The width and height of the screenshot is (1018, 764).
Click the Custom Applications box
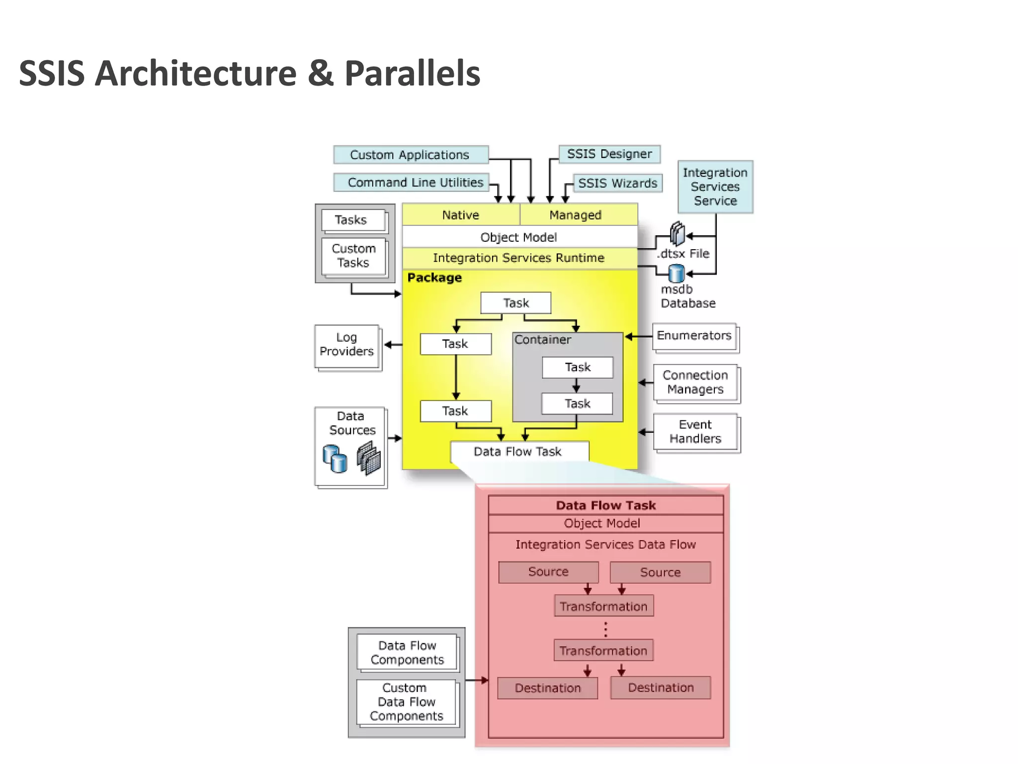tap(411, 155)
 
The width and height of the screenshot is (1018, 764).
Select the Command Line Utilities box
tap(412, 183)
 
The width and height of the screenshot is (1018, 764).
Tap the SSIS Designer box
tap(609, 154)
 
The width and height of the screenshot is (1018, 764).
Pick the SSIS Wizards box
tap(617, 183)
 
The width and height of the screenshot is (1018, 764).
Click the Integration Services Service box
tap(715, 187)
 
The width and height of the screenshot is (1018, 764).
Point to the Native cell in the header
tap(461, 215)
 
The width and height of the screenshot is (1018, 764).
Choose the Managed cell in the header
tap(576, 215)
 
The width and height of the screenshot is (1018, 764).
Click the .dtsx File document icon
tap(677, 234)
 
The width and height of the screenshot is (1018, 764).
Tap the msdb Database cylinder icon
tap(676, 274)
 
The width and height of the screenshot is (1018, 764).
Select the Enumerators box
tap(694, 336)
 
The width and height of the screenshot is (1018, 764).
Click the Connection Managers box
tap(695, 382)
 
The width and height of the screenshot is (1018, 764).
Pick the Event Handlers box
tap(695, 432)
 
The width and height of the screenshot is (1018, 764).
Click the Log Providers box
tap(346, 345)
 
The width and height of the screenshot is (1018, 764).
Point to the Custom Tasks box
tap(353, 256)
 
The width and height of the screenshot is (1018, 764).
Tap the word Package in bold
tap(434, 278)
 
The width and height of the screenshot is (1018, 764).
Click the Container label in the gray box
tap(542, 340)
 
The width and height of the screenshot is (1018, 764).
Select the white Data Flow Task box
tap(518, 452)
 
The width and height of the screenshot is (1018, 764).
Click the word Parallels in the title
tap(412, 73)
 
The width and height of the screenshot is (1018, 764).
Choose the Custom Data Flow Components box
tap(406, 702)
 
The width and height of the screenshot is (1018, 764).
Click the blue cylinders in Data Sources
tap(335, 459)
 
